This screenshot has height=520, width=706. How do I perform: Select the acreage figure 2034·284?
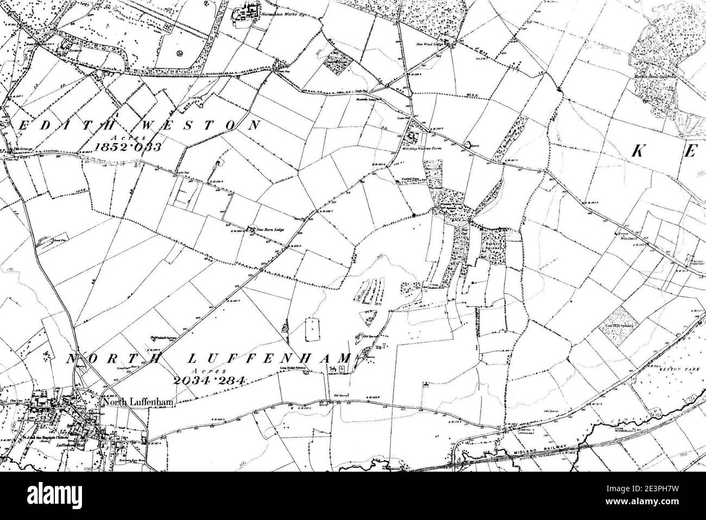click(x=208, y=380)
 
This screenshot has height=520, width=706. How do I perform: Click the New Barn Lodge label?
click(x=272, y=230)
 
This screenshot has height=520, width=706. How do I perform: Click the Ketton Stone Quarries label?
click(x=658, y=78)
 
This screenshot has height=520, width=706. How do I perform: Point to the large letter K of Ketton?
click(x=640, y=152)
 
